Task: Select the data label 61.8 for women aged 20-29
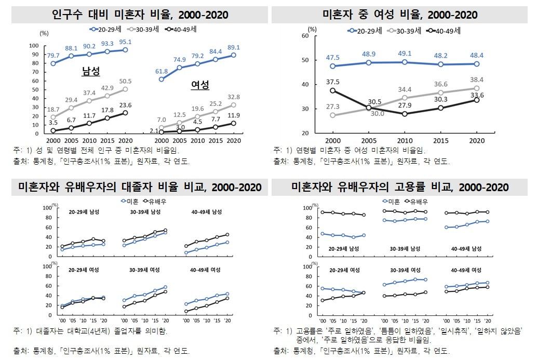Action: click(x=162, y=71)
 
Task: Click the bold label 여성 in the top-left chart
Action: click(x=200, y=85)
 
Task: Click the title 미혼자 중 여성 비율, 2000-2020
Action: click(x=400, y=15)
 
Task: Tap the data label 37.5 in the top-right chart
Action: click(x=333, y=82)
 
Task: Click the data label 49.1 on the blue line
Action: click(x=404, y=53)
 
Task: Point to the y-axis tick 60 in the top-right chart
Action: click(x=305, y=36)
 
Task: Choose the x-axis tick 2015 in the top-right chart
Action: click(x=440, y=141)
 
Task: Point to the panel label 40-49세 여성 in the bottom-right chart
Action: click(x=466, y=270)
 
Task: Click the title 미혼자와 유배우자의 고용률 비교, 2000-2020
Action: click(x=400, y=187)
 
